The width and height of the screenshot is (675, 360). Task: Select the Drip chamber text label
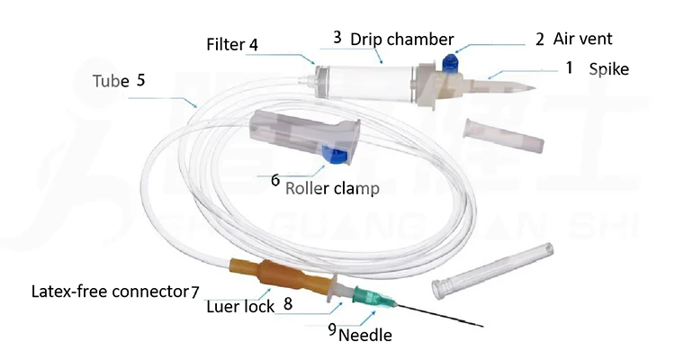[x=393, y=39]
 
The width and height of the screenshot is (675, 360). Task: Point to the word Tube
[x=110, y=80]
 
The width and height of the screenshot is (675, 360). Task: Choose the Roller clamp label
[x=332, y=189]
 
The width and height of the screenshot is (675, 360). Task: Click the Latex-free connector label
[x=109, y=292]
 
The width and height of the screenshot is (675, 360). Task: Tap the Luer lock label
[x=238, y=306]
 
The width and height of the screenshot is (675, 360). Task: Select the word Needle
[x=366, y=336]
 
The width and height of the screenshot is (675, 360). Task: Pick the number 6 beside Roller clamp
[x=275, y=179]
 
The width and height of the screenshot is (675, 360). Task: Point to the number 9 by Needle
[x=332, y=329]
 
